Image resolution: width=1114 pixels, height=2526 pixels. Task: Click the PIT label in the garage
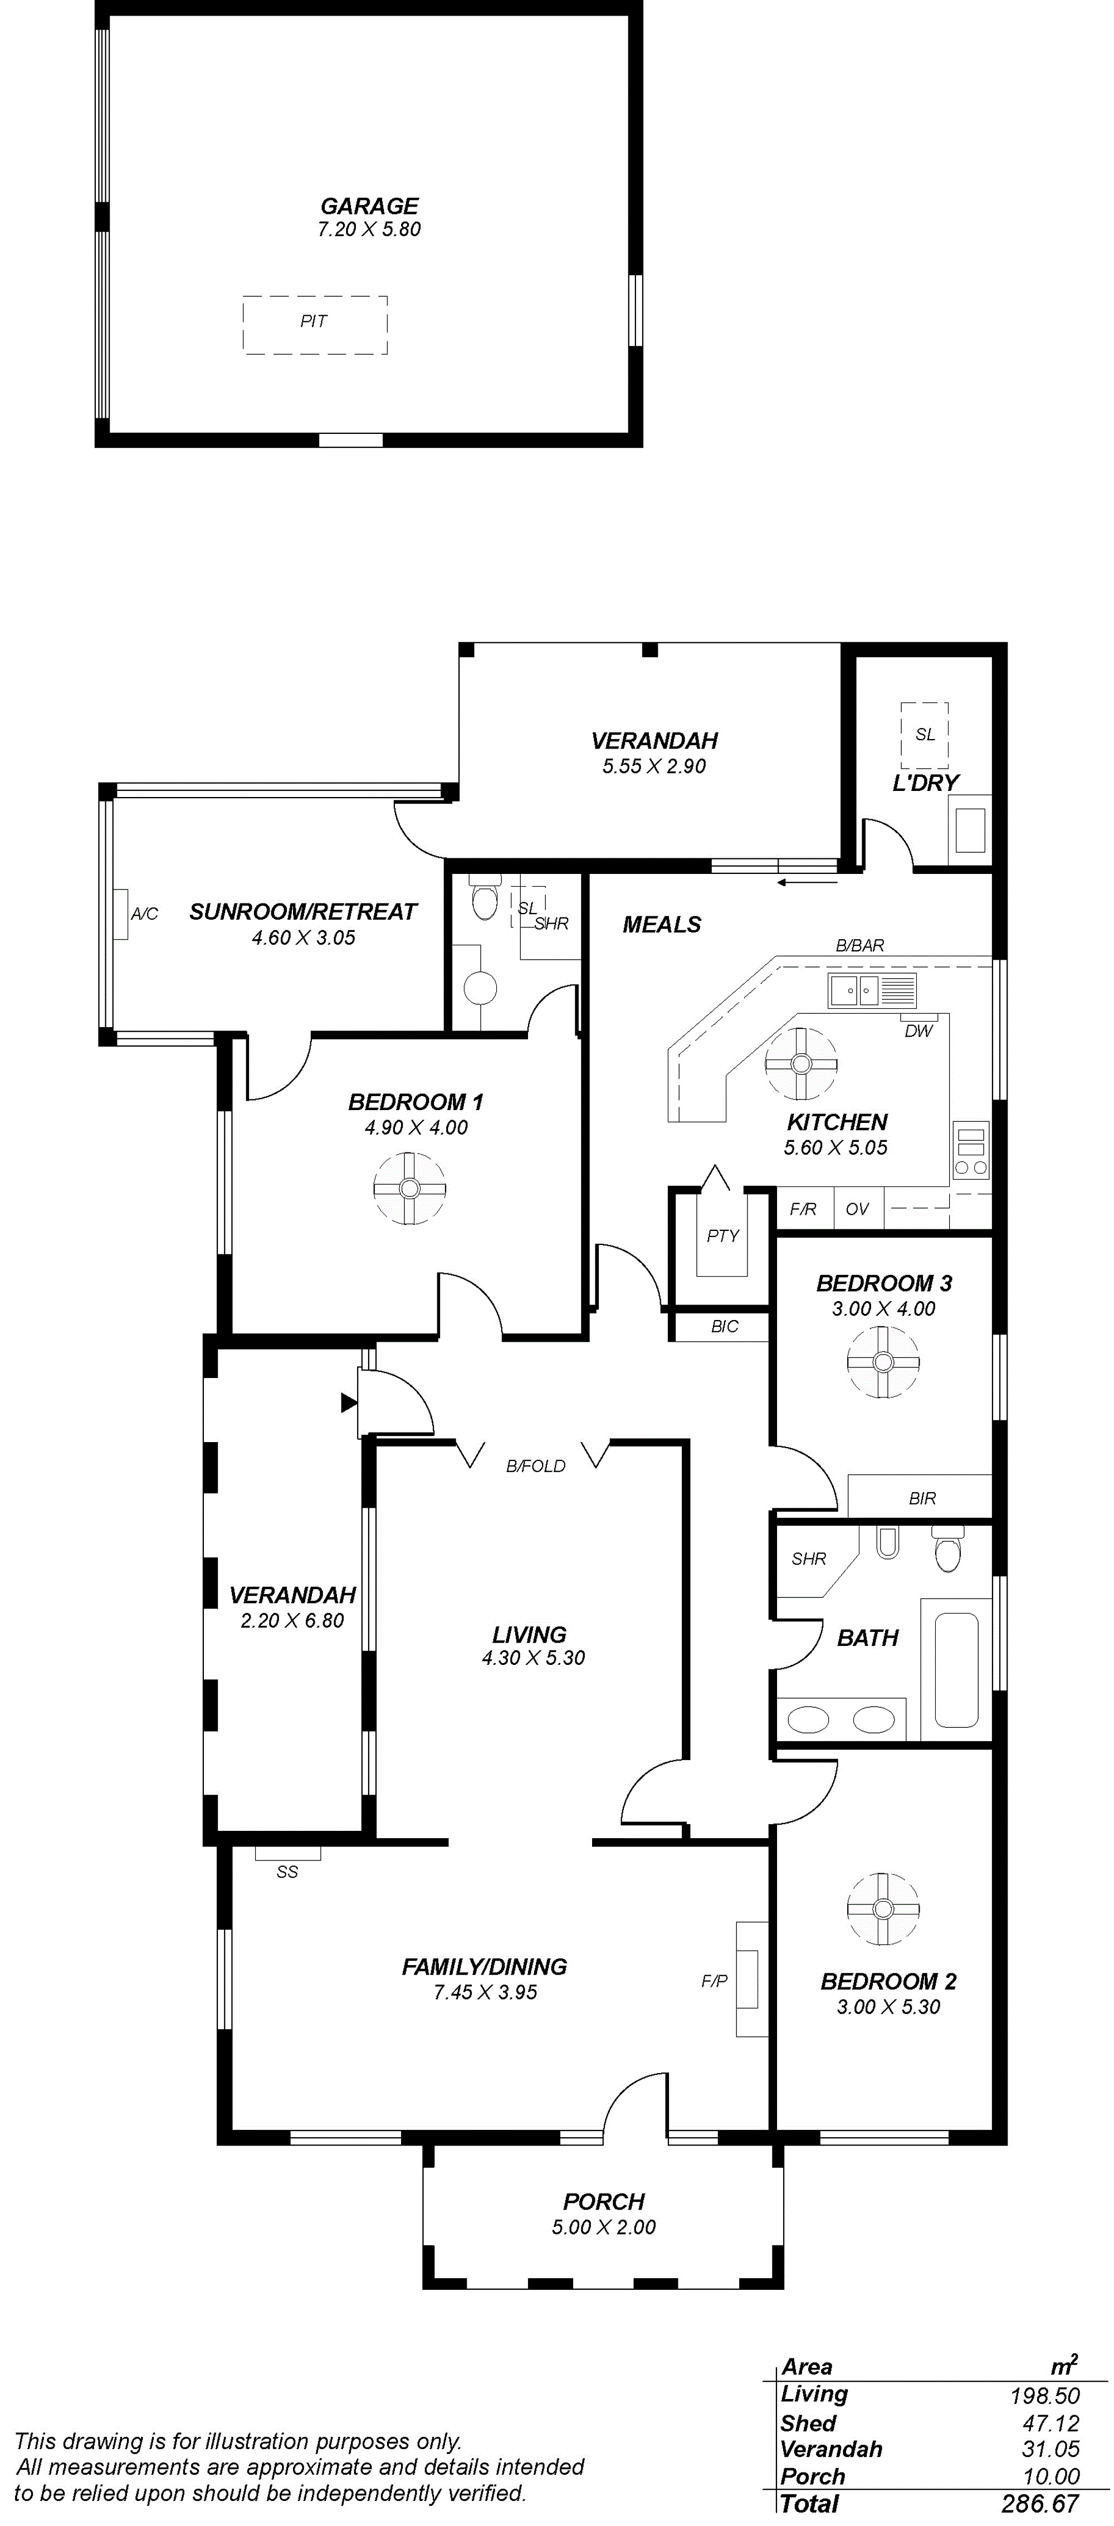click(314, 321)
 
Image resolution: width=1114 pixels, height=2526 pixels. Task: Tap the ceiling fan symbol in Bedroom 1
click(409, 1188)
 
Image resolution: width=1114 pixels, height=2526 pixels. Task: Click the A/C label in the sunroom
click(144, 914)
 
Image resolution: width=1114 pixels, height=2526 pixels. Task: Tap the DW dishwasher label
click(918, 1030)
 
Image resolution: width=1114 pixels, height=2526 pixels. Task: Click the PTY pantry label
click(723, 1235)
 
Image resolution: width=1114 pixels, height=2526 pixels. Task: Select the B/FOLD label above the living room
click(535, 1466)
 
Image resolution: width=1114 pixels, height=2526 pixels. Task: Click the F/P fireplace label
click(714, 1981)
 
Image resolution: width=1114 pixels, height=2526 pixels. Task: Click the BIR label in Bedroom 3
click(922, 1498)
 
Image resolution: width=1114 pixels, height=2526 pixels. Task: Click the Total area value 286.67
click(1039, 2504)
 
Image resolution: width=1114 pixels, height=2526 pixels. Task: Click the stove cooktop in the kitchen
click(971, 1149)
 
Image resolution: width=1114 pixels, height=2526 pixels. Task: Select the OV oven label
click(857, 1209)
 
